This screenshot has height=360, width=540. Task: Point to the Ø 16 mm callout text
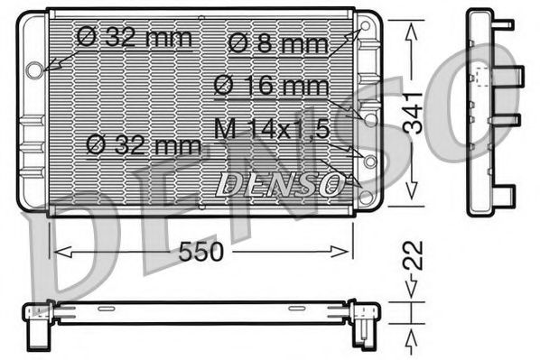(x=271, y=87)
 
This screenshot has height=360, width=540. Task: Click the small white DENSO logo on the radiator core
(x=280, y=185)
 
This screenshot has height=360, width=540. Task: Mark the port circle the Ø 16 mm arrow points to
(x=368, y=117)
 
